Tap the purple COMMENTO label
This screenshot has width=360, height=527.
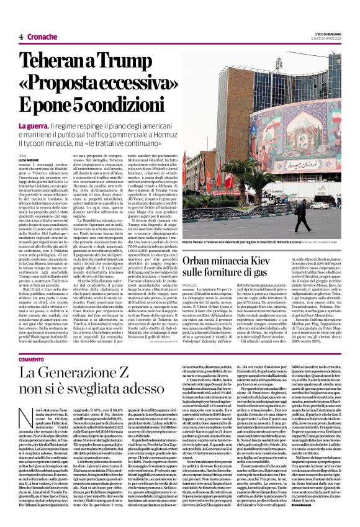tap(31, 360)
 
